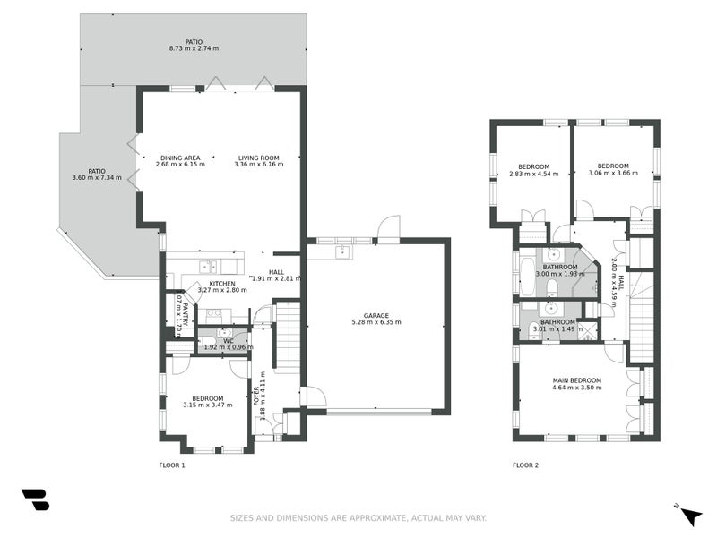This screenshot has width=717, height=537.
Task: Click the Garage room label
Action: coord(376,315)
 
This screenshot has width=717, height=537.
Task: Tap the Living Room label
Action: coord(256,158)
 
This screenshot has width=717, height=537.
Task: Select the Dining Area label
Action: coord(180,158)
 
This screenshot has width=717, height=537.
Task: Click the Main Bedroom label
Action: coord(576,380)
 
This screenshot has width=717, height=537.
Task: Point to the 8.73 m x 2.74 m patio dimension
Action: coord(194,48)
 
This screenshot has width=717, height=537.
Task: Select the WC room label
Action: coord(228,339)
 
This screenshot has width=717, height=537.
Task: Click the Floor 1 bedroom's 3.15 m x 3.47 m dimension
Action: coord(207,405)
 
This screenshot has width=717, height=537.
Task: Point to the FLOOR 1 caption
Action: coord(171,465)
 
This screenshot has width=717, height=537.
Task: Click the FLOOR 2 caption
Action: coord(526,465)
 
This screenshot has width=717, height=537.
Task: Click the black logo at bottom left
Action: coord(35,500)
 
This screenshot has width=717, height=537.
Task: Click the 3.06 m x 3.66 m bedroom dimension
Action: coord(613,173)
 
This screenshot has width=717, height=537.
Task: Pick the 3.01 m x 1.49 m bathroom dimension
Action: coord(557,328)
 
